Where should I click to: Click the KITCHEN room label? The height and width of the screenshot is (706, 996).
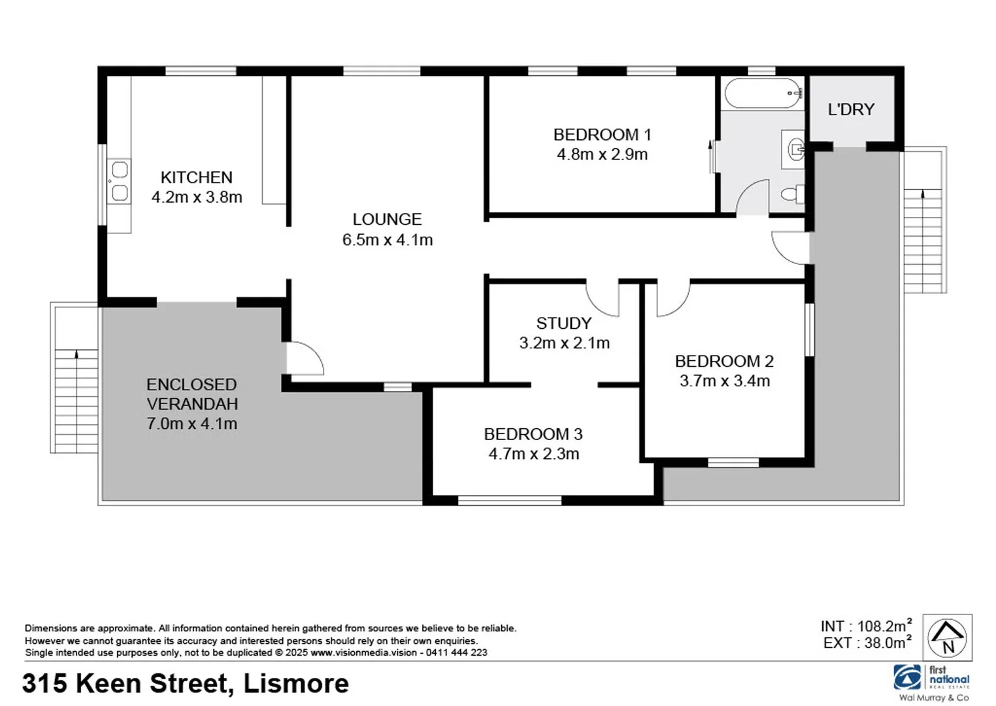pos(196,177)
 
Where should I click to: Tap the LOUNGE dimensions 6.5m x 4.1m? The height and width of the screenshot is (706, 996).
pos(388,240)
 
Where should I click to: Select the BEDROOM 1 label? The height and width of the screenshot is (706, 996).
pos(602,135)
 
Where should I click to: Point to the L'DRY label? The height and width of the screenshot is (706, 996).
pos(851,109)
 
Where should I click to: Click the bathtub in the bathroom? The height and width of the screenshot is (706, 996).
pos(763,93)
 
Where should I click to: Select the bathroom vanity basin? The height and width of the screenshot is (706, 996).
pos(795,149)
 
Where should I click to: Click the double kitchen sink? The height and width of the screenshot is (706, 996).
pos(119,181)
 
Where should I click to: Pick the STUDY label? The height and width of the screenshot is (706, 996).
pos(563,323)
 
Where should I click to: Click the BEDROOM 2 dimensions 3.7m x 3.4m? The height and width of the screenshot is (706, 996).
pos(724,380)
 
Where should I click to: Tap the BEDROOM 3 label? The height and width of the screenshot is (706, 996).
pos(533,434)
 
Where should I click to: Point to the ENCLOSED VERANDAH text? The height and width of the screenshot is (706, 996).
pos(191,394)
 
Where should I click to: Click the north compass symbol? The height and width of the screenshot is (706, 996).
pos(948,637)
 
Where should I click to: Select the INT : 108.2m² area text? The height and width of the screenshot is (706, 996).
pos(866,626)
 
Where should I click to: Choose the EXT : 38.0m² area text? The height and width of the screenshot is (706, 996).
pos(867,643)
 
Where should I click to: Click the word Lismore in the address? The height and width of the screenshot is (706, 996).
pos(296,684)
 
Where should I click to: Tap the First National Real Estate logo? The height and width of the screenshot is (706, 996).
pos(933,679)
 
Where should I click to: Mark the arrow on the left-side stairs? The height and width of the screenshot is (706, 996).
pos(76,354)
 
